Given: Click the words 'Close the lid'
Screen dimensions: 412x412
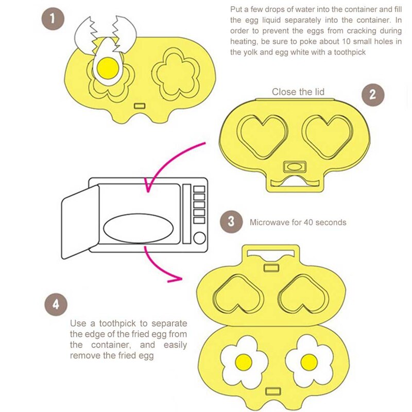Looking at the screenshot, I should [298, 92].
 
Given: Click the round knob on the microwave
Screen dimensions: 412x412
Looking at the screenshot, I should [199, 236].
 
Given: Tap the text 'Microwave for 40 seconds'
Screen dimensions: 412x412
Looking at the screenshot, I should [298, 222].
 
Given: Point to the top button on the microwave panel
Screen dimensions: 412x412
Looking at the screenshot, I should [199, 189].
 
